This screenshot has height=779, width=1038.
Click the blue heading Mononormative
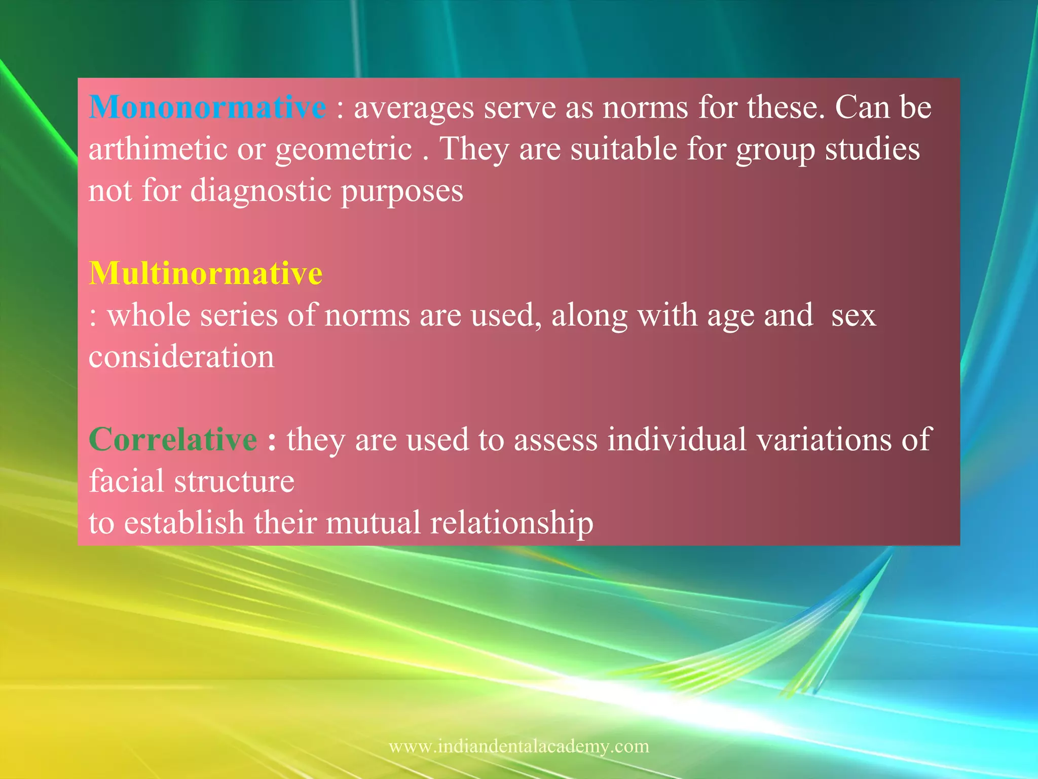point(207,108)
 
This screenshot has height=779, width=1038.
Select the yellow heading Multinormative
point(206,273)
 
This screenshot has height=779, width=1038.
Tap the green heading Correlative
point(173,439)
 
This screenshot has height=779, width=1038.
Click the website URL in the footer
point(518,747)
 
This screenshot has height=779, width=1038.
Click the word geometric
point(344,150)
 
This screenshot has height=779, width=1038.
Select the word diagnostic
point(261,192)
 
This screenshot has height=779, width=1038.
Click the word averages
point(414,109)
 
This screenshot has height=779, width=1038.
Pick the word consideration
point(181,357)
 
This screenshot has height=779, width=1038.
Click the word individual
point(677,439)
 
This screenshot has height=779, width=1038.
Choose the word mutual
point(373,523)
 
